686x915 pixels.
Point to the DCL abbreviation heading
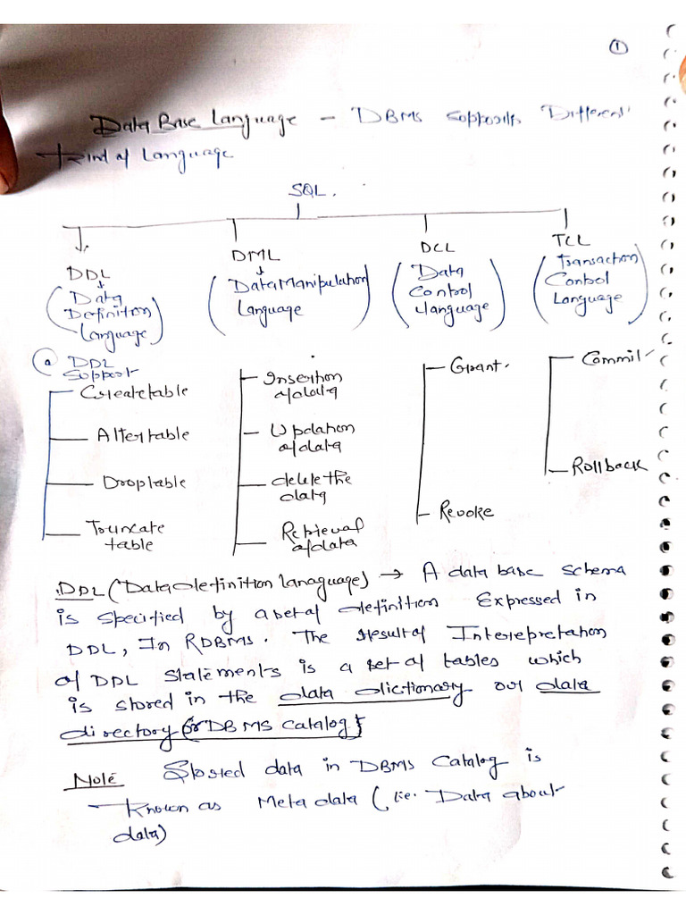(437, 247)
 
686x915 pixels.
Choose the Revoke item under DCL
(466, 513)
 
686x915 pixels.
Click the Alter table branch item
(143, 436)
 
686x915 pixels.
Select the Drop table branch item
(144, 482)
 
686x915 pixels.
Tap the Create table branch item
(134, 391)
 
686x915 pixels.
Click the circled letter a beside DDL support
(39, 362)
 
